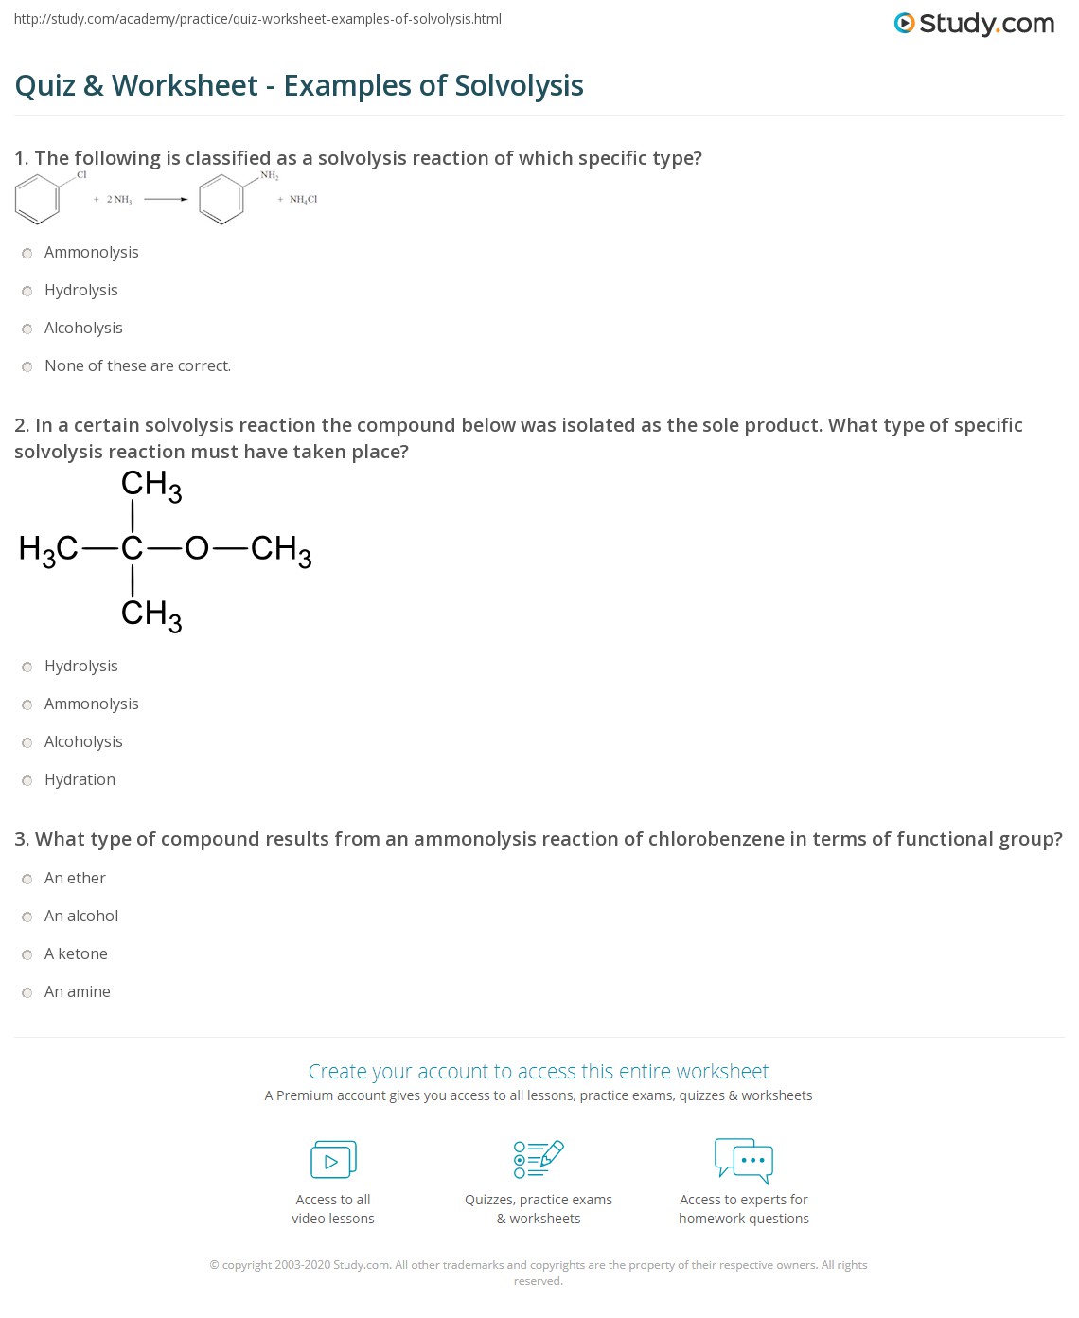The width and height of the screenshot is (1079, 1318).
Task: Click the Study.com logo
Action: (974, 24)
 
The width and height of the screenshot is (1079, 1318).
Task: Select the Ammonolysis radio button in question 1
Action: (27, 253)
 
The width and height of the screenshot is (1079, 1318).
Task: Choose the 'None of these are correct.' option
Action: (27, 366)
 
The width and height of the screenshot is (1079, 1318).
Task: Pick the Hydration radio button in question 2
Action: (27, 780)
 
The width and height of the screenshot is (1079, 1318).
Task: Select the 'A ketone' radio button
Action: (27, 954)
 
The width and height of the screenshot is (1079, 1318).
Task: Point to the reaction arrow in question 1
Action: (166, 199)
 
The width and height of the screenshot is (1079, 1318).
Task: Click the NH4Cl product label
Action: (303, 200)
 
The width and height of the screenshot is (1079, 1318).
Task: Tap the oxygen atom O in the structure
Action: (196, 548)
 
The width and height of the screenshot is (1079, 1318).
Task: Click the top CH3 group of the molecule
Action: (150, 486)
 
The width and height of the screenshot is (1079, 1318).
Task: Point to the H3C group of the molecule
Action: (48, 549)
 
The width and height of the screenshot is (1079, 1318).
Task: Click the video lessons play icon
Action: (333, 1160)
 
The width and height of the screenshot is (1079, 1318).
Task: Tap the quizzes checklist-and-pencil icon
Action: (539, 1159)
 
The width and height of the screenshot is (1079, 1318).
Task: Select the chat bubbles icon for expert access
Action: (744, 1160)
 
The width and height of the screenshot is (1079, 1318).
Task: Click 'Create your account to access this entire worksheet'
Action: (539, 1071)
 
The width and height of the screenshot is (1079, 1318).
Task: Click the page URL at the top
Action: (257, 19)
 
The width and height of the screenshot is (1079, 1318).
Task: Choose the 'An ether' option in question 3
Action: (27, 879)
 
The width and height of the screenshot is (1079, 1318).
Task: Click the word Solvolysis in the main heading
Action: (519, 86)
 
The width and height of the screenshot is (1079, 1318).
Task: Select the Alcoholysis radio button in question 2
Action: (27, 742)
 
